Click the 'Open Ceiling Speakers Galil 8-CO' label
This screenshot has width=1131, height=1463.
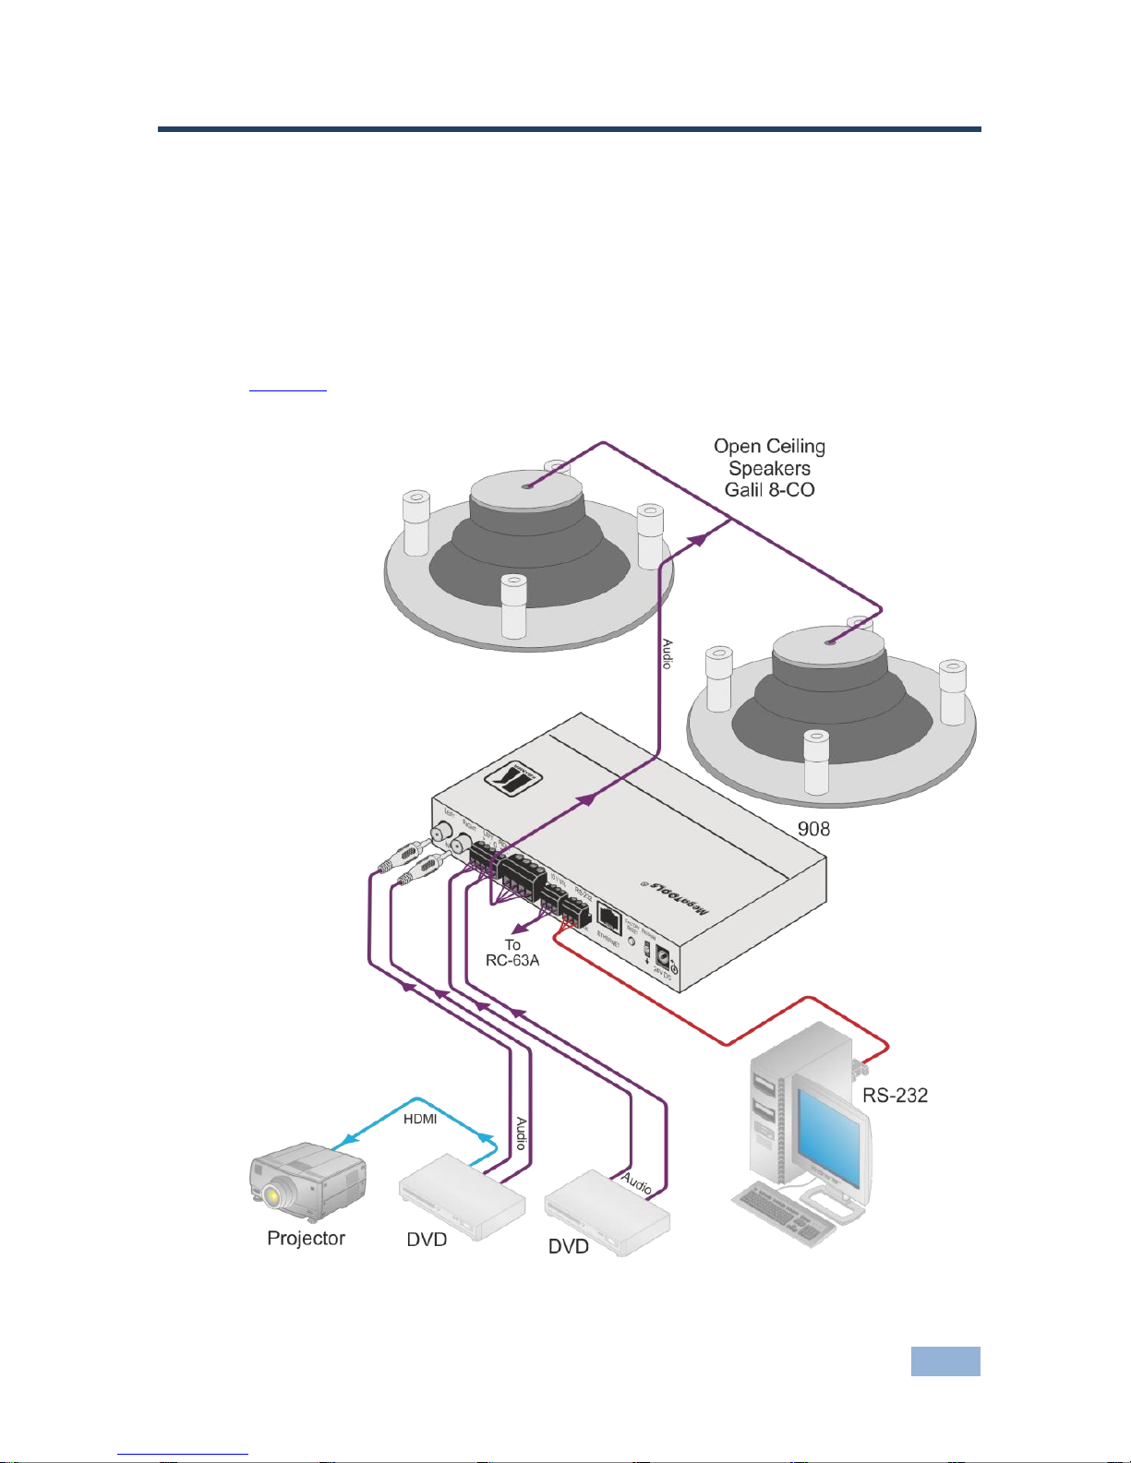769,468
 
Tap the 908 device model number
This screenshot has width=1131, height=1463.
813,829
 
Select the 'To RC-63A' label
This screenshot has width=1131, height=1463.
512,953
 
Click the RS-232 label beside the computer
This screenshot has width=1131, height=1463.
895,1096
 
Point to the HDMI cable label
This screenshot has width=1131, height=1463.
420,1119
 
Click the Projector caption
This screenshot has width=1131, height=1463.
306,1239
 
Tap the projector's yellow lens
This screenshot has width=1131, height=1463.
272,1196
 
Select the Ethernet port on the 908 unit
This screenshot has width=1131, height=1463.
609,917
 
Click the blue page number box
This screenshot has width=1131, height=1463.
945,1361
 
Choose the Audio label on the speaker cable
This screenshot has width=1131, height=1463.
667,654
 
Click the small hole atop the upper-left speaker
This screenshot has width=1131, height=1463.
526,486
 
